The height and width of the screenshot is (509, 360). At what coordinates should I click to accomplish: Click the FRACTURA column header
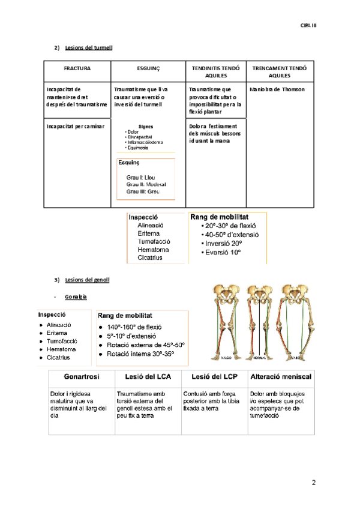pos(77,69)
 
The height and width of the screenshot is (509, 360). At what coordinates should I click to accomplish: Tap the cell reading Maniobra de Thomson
pos(277,89)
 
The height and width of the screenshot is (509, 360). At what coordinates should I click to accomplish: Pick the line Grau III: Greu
pos(143,191)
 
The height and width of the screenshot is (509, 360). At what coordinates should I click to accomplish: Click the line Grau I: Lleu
pos(140,177)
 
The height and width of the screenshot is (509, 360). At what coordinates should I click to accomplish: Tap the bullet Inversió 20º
pos(223,243)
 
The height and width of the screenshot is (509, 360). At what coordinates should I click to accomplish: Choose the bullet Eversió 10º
pos(223,253)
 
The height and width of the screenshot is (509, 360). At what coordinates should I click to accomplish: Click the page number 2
pos(313,483)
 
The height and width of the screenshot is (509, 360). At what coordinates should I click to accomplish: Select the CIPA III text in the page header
pos(307,25)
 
